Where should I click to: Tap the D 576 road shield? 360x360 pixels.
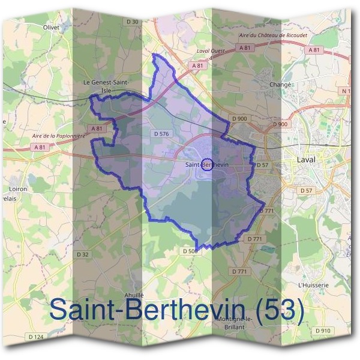(161, 134)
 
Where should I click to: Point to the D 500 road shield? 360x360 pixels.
(189, 251)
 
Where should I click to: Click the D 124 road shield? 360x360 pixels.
(36, 337)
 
